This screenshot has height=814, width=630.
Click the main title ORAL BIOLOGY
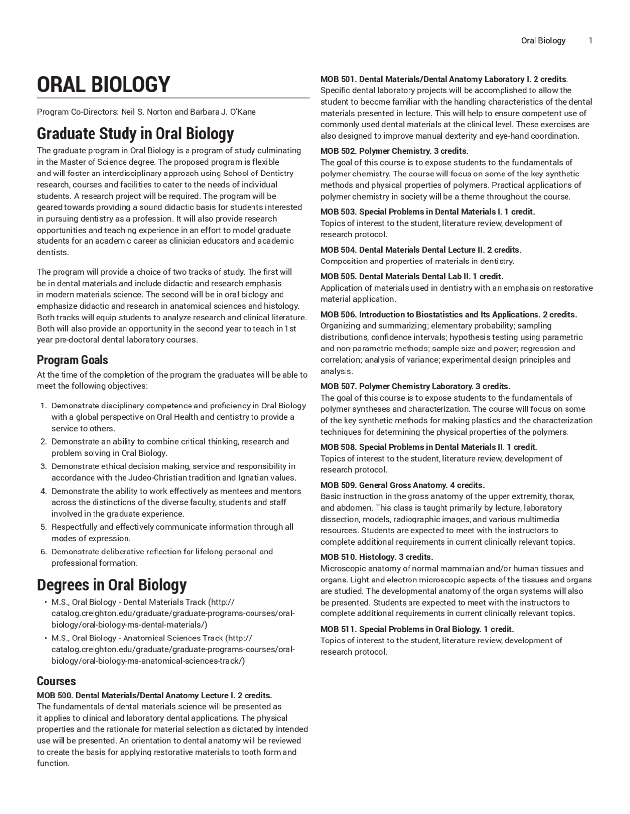(x=103, y=85)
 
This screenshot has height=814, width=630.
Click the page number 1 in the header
(x=590, y=41)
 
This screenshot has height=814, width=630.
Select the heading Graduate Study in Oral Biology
(x=135, y=134)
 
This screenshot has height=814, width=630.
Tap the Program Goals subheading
(x=72, y=360)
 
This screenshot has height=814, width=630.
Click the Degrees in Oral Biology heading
(x=112, y=585)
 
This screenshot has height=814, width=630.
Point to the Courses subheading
(x=56, y=681)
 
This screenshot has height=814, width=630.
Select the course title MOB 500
(x=154, y=695)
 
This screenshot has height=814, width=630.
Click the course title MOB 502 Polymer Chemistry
(x=394, y=151)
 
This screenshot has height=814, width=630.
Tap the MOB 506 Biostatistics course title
(x=448, y=315)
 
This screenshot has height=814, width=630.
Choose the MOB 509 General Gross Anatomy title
(x=402, y=485)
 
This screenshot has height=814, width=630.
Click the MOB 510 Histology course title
(x=377, y=557)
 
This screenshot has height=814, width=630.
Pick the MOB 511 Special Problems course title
(x=417, y=629)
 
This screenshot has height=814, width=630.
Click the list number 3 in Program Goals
(x=44, y=466)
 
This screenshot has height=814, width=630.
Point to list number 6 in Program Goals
(x=44, y=552)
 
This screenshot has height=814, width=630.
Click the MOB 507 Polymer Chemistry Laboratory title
(x=415, y=386)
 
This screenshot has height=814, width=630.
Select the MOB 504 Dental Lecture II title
(x=420, y=250)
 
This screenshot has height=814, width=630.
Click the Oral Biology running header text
(x=543, y=41)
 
